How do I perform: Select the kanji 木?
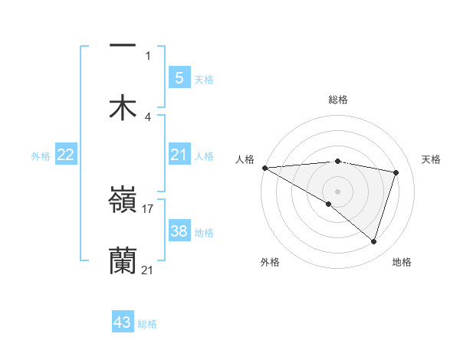[x=123, y=107]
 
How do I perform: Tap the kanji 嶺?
[x=123, y=200]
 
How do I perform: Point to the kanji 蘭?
[x=123, y=260]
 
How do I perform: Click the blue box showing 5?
[x=179, y=77]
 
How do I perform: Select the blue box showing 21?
[x=179, y=155]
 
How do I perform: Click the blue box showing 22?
[x=66, y=155]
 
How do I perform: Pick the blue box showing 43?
[x=123, y=322]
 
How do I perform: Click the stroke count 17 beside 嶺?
[x=148, y=208]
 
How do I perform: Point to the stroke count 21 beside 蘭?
[x=148, y=270]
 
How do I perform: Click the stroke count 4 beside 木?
[x=148, y=116]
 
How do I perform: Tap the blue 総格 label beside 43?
[x=147, y=324]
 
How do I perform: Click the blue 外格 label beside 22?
[x=41, y=156]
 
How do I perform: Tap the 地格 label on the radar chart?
[x=402, y=262]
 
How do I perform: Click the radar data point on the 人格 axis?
[x=264, y=168]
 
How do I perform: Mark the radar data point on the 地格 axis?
[x=373, y=241]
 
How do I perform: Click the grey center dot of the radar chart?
[x=337, y=191]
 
